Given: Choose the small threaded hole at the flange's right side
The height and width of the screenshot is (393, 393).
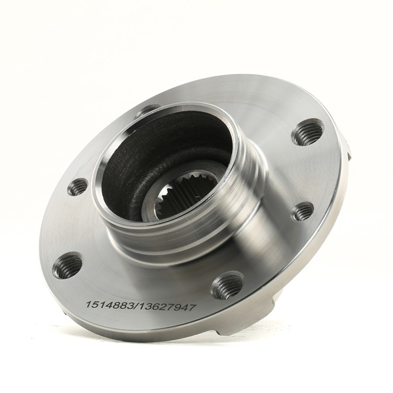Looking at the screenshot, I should tap(303, 211).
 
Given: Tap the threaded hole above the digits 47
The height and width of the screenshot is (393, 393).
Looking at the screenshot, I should tap(227, 284).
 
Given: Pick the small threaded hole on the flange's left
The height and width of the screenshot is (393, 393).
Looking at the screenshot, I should tap(77, 187).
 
